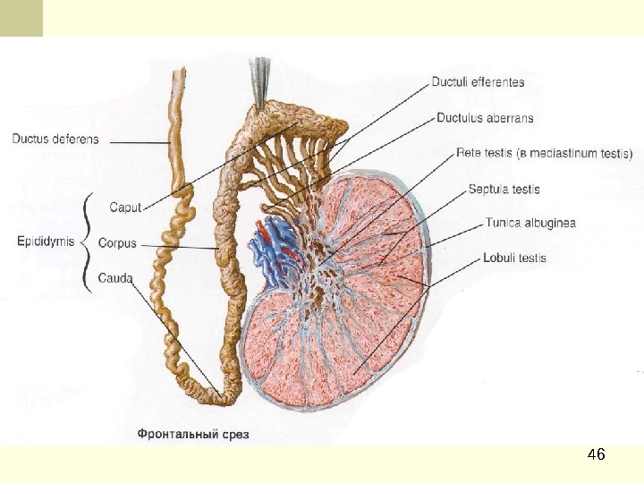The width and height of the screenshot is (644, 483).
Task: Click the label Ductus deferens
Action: coord(55,139)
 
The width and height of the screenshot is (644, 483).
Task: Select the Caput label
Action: coord(125,208)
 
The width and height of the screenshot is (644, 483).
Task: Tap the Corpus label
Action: coord(118,242)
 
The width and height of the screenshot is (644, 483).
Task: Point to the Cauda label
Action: coord(115,277)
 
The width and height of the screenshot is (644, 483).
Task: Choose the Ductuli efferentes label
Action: coord(478,82)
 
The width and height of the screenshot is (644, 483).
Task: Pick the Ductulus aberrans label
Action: coord(485,117)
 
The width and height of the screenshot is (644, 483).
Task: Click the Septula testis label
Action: coord(504,189)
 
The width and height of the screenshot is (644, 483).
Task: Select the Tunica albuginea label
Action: coord(530,223)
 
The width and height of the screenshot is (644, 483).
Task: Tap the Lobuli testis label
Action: coord(514,258)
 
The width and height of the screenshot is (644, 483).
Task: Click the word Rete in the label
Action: coord(468,153)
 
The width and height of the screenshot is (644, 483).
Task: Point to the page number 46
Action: coord(596,455)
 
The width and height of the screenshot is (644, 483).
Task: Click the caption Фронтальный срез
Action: coord(193,435)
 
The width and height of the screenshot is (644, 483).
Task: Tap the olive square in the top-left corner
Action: coord(21,18)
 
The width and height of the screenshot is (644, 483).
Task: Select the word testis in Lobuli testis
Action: coord(530,258)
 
